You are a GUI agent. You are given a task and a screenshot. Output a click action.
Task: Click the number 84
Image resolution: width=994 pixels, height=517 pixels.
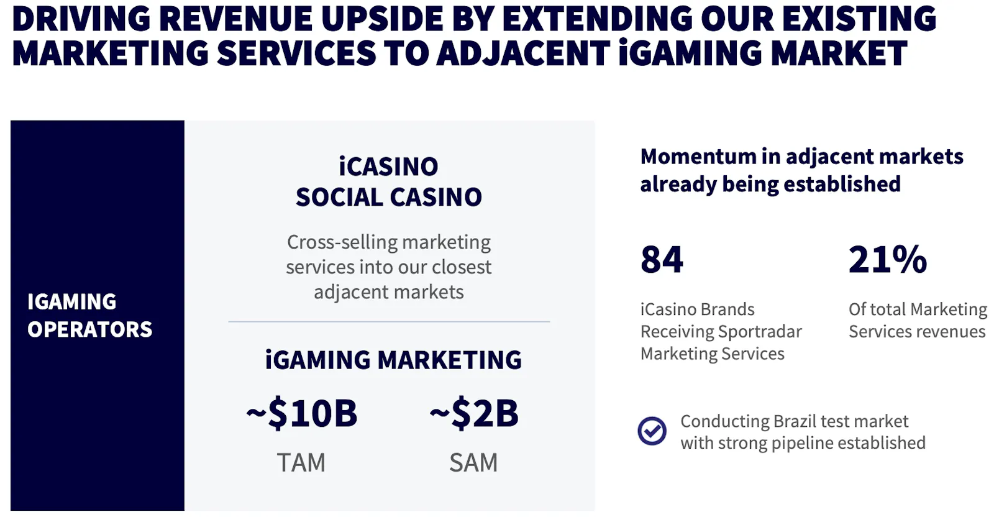point(662,259)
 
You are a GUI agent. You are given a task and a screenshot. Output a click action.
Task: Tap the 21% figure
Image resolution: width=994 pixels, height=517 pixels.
point(888,259)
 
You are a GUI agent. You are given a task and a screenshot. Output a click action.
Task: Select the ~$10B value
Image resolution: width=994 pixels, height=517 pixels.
point(302,413)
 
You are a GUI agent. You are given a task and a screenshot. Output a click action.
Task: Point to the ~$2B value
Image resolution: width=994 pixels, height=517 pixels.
point(474,413)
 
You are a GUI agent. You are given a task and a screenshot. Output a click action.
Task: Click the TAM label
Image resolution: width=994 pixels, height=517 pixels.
point(301,462)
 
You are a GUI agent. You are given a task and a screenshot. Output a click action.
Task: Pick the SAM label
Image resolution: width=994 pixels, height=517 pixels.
point(473,462)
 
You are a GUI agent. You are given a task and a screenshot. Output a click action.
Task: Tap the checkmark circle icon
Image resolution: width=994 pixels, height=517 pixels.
point(652,431)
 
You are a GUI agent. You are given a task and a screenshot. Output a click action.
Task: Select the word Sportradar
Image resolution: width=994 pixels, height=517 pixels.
point(760,332)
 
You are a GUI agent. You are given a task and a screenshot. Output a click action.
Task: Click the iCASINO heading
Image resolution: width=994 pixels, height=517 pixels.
point(389,167)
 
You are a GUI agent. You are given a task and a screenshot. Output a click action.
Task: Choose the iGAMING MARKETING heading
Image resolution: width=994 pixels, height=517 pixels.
point(393,359)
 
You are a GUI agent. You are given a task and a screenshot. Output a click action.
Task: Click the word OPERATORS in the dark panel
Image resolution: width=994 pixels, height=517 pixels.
point(89,329)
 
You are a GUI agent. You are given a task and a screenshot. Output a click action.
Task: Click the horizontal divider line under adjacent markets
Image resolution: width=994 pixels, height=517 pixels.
point(389,321)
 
